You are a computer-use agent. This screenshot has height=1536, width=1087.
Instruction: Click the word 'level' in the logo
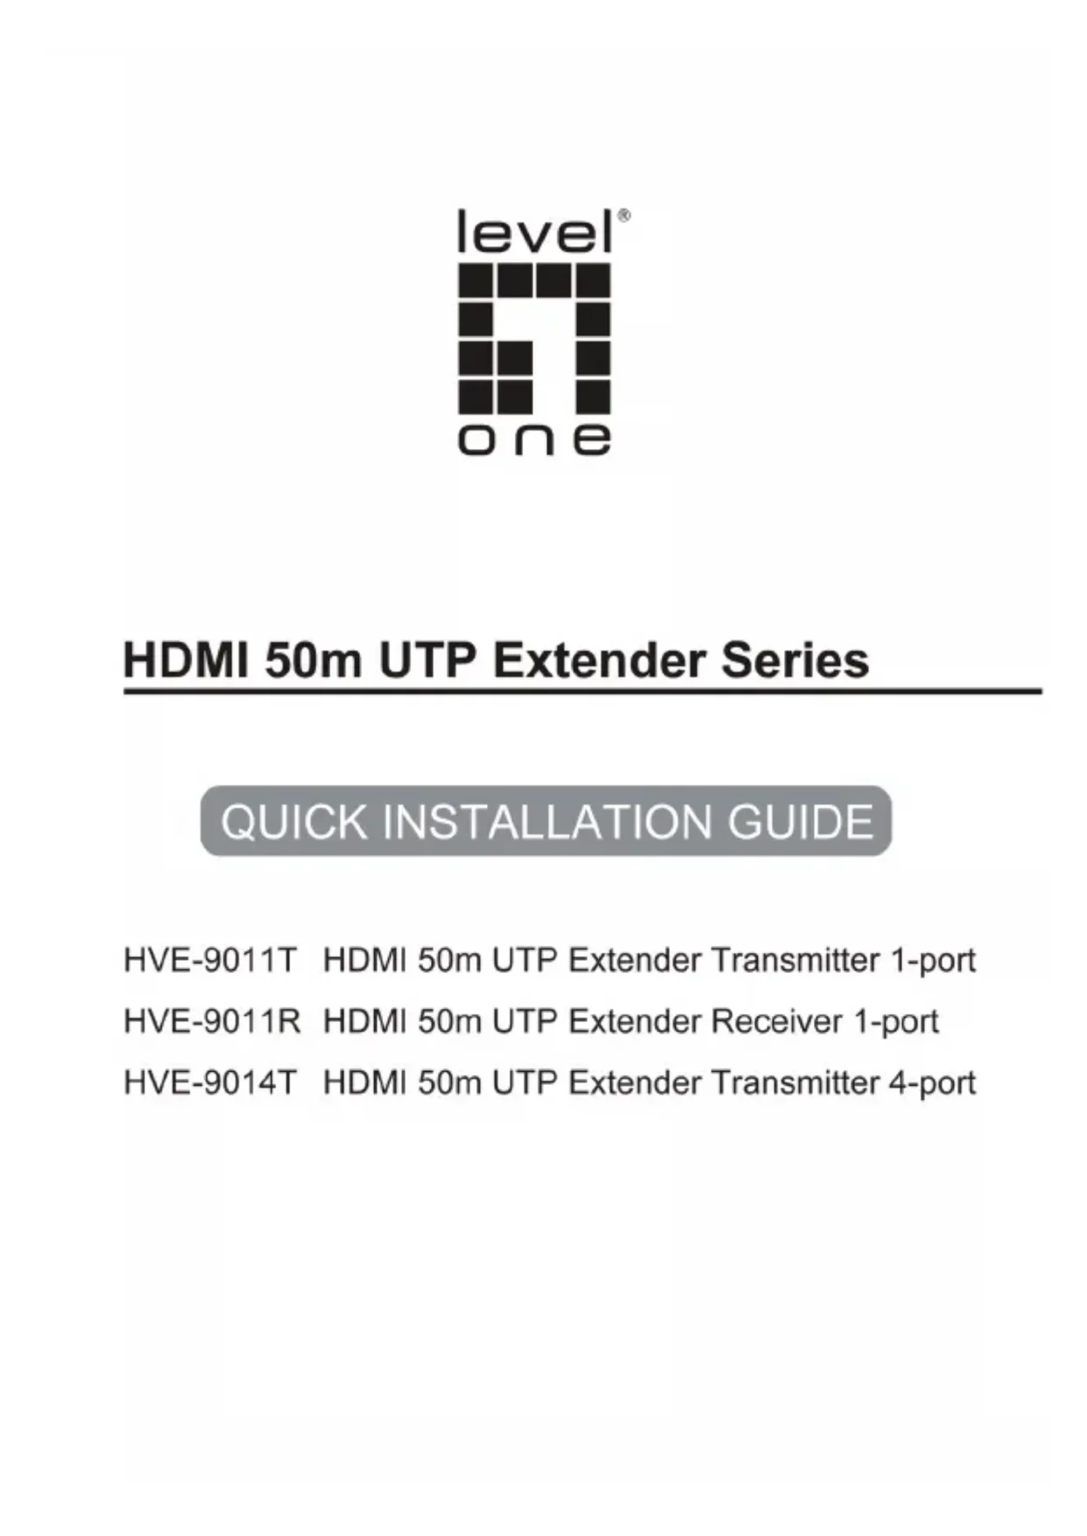tap(535, 232)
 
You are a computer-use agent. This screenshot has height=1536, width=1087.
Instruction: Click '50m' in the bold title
tap(313, 660)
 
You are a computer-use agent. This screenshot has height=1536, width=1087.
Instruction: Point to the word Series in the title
tap(795, 660)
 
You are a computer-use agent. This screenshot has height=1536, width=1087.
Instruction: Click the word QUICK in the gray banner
tap(294, 821)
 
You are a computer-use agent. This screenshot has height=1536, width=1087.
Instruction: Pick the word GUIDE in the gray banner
tap(801, 821)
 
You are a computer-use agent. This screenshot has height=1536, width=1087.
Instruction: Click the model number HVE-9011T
tap(211, 961)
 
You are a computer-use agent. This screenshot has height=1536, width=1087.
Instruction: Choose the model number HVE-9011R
tap(212, 1022)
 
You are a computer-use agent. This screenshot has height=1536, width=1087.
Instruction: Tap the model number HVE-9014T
tap(211, 1083)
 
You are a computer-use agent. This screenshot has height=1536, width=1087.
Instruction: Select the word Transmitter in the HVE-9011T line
tap(795, 961)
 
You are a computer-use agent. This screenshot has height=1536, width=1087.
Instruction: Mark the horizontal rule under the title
tap(582, 692)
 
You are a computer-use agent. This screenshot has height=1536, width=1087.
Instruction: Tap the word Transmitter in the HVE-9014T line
tap(795, 1083)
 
